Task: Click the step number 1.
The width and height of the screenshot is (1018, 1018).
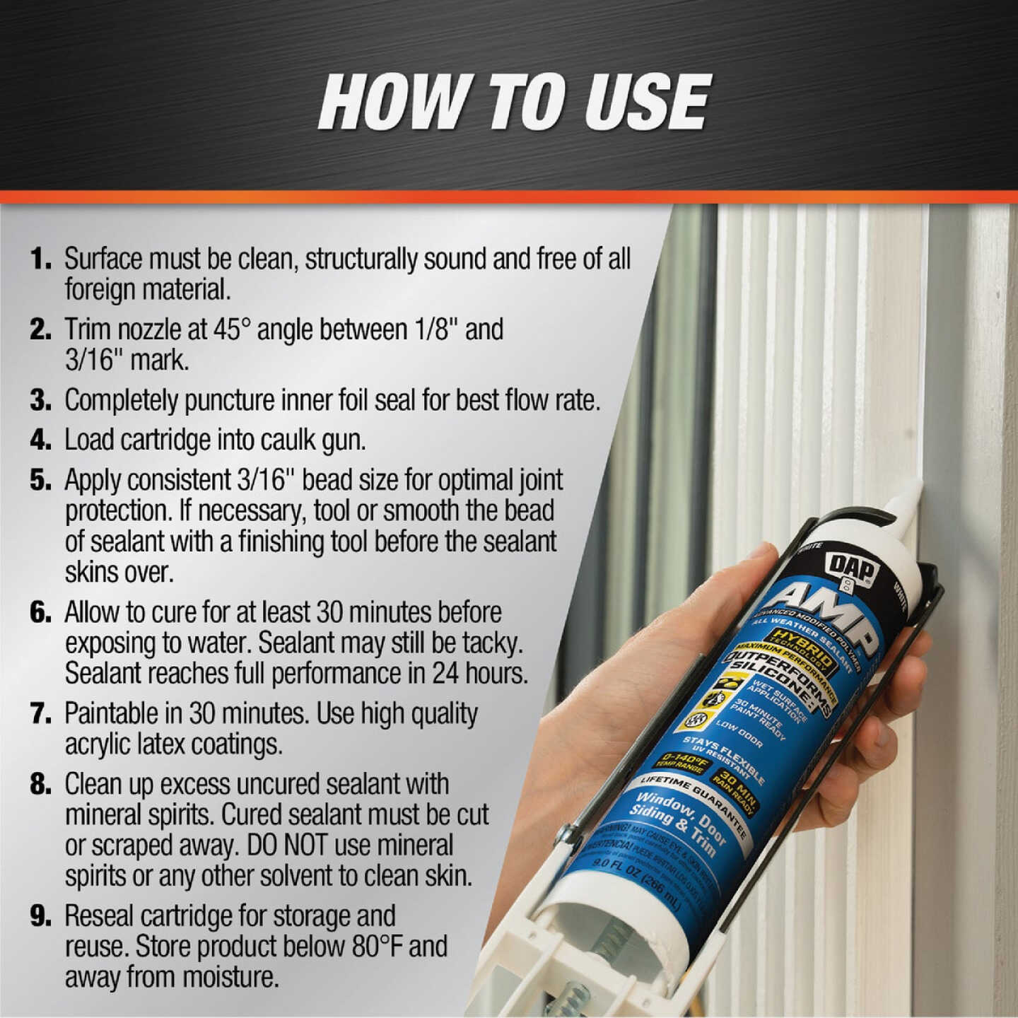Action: point(40,259)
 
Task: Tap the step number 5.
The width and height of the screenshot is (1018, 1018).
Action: point(40,480)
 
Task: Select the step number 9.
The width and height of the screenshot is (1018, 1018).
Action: point(40,916)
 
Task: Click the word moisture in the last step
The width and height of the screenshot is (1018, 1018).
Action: point(229,977)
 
